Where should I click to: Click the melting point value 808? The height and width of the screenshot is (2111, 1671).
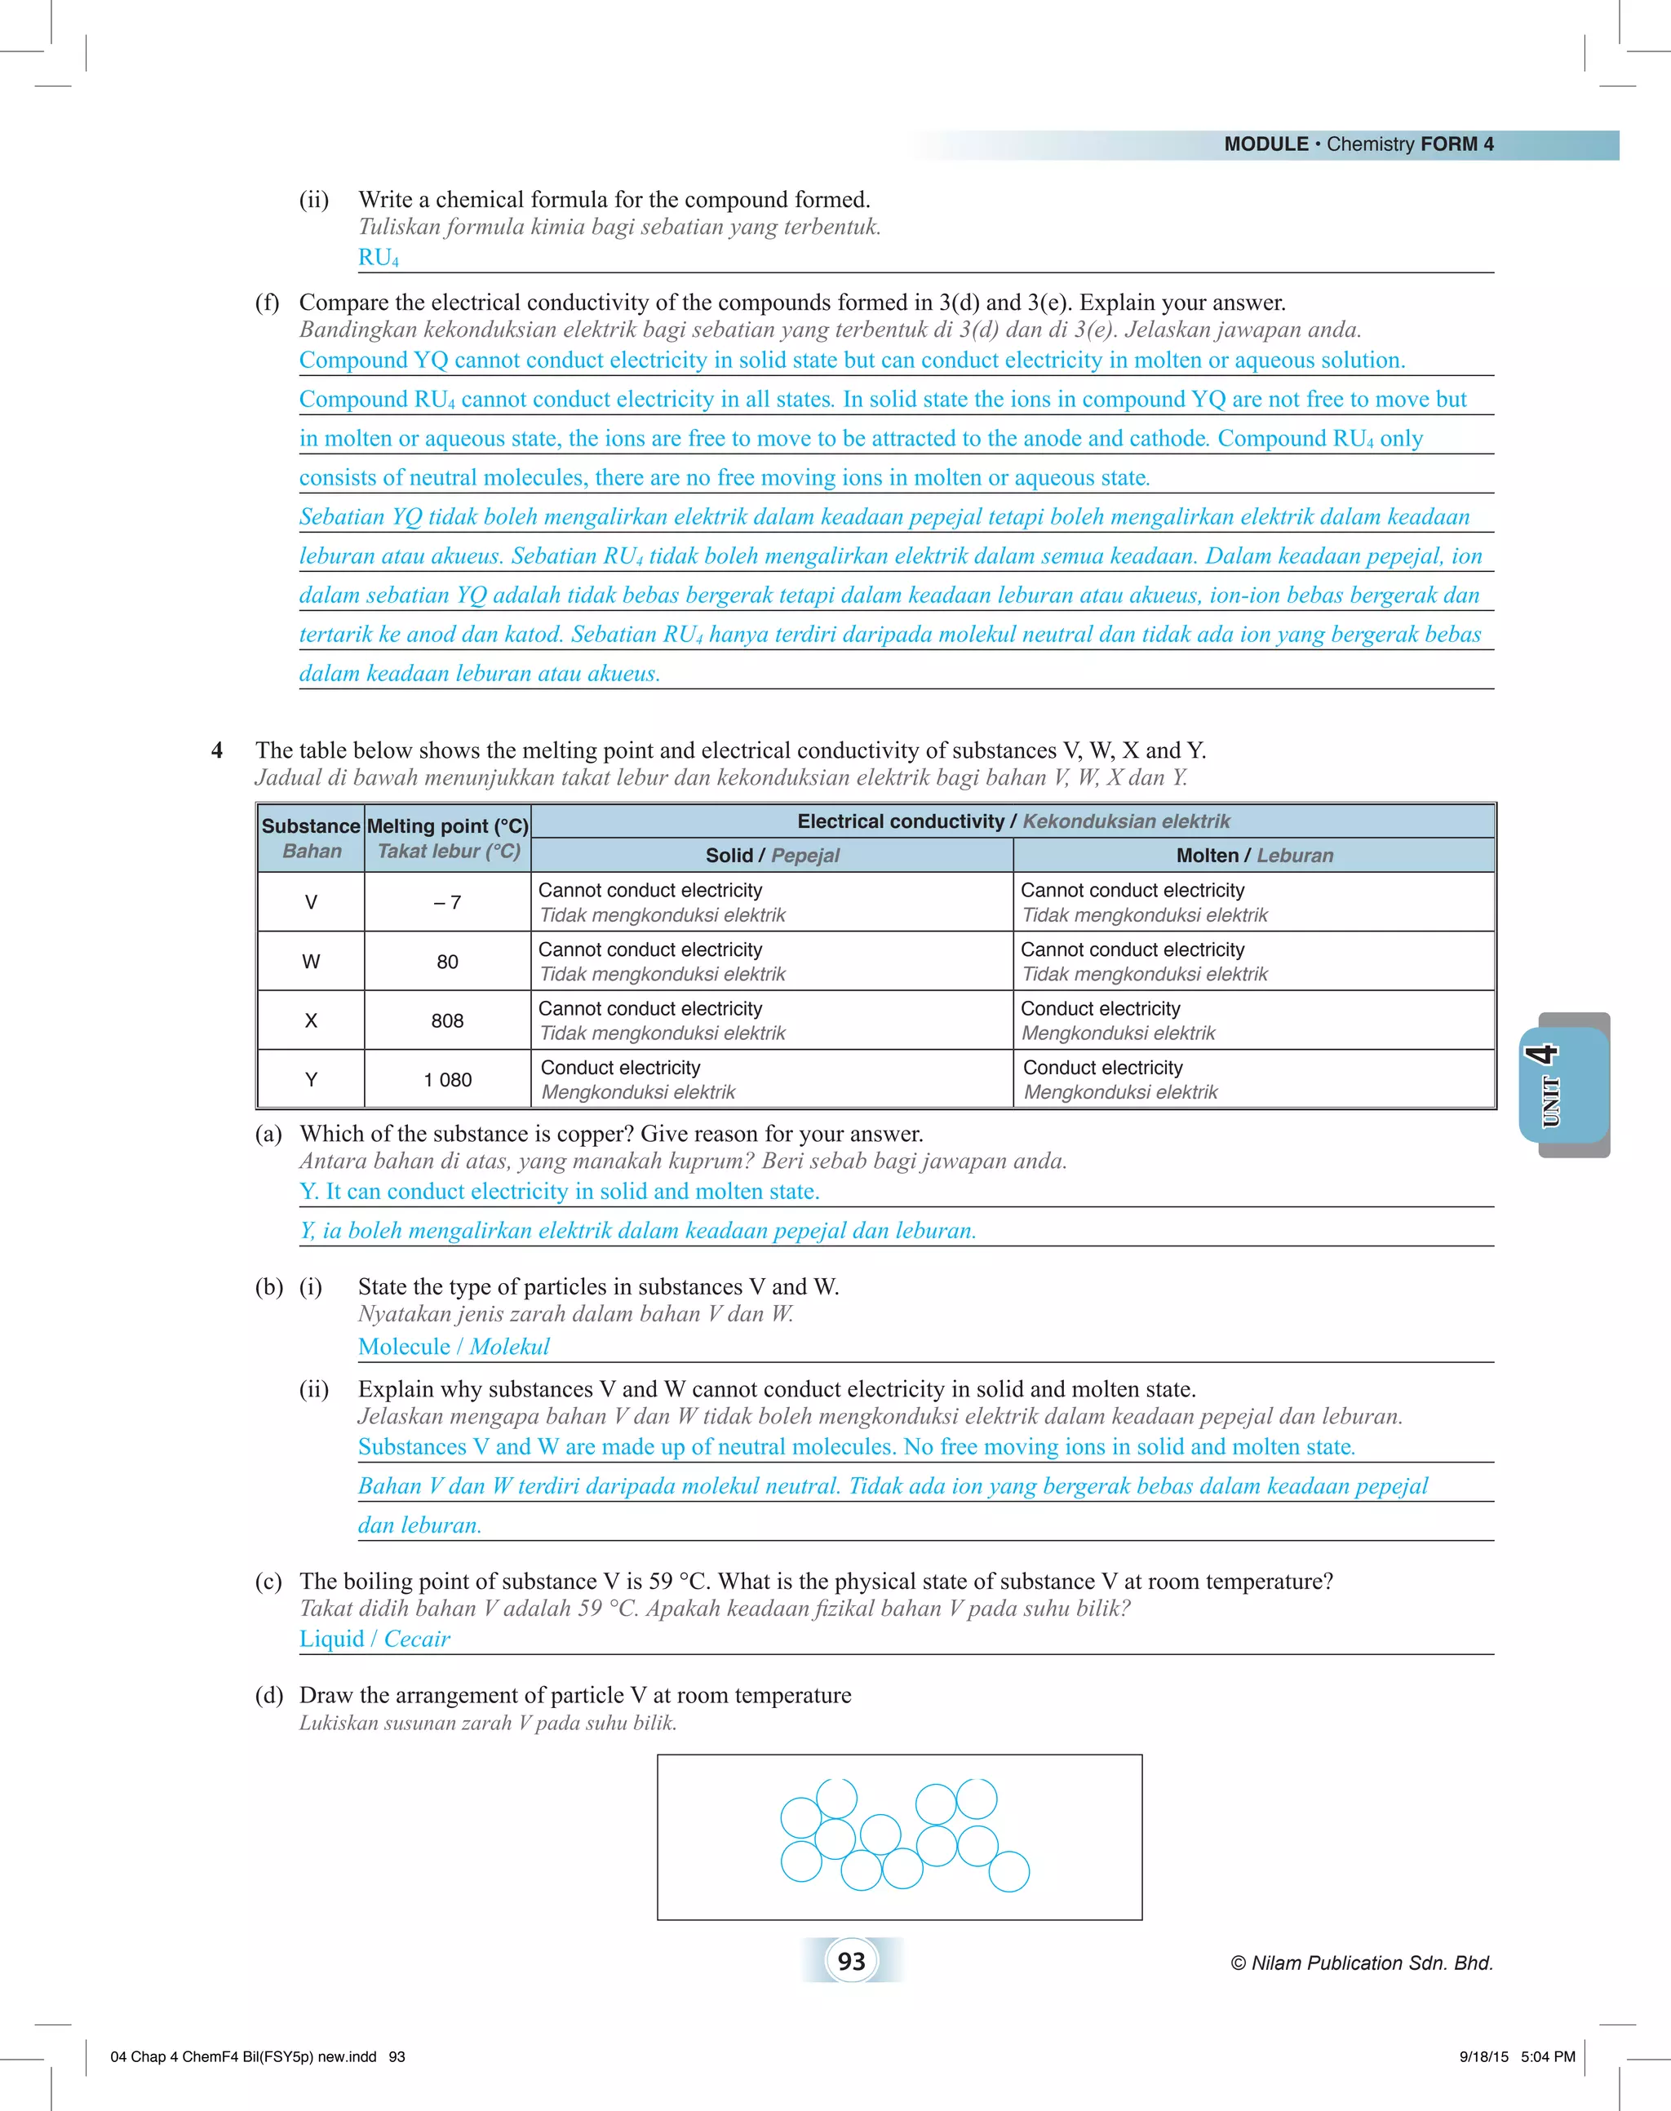(447, 1020)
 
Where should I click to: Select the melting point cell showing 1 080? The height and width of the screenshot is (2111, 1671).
(447, 1079)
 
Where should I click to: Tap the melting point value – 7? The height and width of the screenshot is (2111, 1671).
(447, 902)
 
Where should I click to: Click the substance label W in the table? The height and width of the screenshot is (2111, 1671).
(311, 962)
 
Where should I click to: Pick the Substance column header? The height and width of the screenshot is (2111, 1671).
(311, 838)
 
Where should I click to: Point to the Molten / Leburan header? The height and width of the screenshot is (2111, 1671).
(1254, 855)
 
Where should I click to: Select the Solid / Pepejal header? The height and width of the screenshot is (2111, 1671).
(772, 855)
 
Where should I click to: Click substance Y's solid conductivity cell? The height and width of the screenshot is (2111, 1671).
(771, 1079)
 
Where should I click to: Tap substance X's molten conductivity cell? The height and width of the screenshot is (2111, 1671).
(1253, 1020)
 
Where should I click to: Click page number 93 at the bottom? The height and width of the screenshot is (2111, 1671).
(851, 1960)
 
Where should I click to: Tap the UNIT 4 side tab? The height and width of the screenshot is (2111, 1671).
(1563, 1085)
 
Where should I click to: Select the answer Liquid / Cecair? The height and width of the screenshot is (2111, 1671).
(375, 1639)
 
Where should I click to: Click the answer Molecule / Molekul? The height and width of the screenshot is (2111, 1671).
(453, 1346)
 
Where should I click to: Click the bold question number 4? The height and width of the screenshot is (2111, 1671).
(217, 750)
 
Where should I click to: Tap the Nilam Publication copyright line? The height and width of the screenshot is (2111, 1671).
(1362, 1963)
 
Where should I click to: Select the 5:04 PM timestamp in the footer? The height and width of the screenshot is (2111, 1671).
(1548, 2056)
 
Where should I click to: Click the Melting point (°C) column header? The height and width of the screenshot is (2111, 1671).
(447, 838)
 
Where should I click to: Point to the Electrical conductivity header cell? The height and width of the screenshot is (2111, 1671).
(1013, 821)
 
